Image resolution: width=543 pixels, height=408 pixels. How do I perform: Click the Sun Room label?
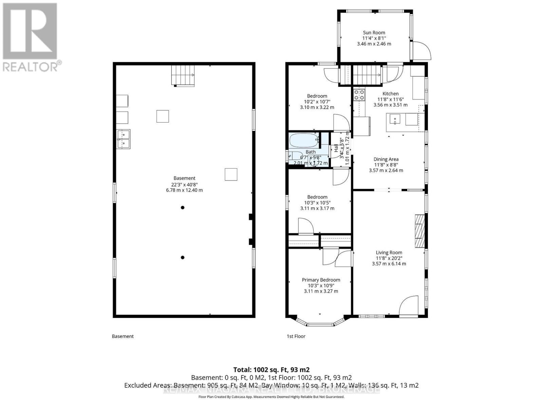coord(374,33)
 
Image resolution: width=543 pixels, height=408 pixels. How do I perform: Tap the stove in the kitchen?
coord(359,95)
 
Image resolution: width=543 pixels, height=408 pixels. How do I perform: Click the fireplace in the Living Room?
coord(420,231)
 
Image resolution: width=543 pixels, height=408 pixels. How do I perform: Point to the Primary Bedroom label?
coord(321,280)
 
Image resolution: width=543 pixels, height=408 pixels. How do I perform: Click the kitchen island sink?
coord(394,120)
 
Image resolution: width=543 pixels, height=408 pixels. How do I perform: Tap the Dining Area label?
coord(386,159)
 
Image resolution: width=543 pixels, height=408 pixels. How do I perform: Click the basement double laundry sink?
coord(123,139)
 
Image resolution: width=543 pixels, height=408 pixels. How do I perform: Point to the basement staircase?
coord(183,75)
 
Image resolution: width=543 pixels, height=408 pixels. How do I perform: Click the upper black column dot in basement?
coord(183,207)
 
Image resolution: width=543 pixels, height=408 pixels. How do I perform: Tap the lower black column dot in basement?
coord(183,257)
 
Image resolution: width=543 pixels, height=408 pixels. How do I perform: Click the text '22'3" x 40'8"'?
coord(184,184)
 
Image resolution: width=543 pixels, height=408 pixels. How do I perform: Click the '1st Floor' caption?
coord(296,336)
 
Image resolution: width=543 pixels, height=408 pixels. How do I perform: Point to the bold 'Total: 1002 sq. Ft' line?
coord(271,370)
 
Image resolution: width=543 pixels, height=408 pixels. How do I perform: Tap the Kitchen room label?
coord(390,93)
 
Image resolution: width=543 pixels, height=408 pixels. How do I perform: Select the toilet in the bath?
coord(295,156)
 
